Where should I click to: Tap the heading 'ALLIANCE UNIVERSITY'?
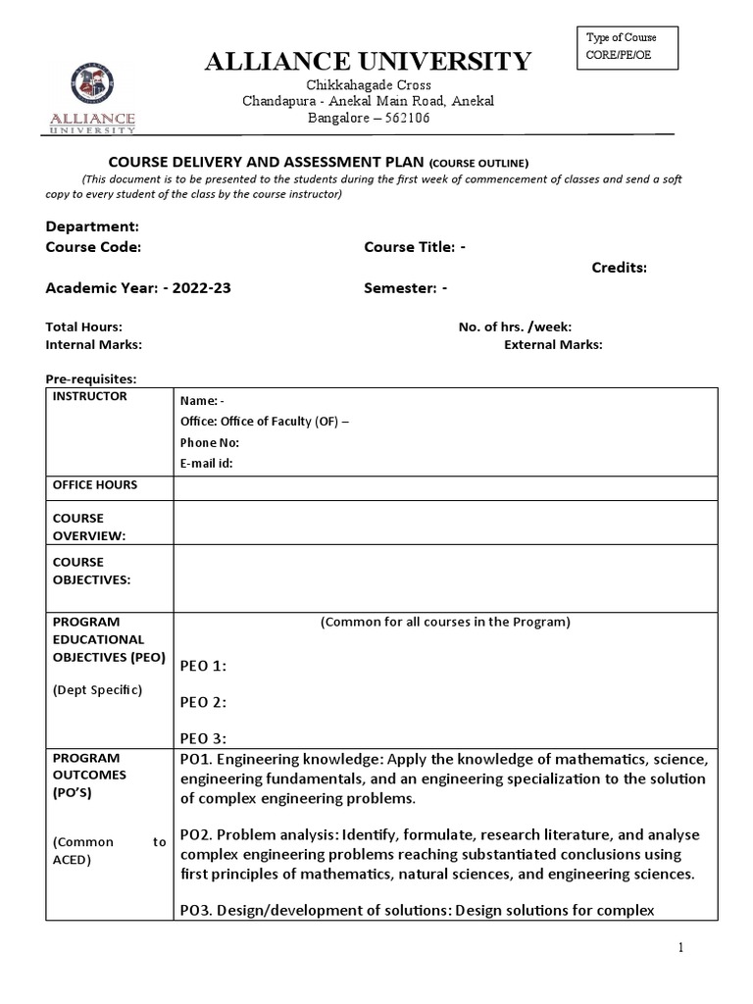pyautogui.click(x=368, y=62)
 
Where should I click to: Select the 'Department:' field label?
pyautogui.click(x=93, y=226)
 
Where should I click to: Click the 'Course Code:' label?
pyautogui.click(x=93, y=247)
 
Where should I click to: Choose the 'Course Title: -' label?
pyautogui.click(x=415, y=247)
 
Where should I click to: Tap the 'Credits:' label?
pyautogui.click(x=619, y=268)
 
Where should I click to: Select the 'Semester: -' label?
pyautogui.click(x=406, y=288)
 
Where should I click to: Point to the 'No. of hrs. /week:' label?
pyautogui.click(x=515, y=326)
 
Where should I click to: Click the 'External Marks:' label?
pyautogui.click(x=553, y=344)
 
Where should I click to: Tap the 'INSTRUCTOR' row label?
pyautogui.click(x=89, y=396)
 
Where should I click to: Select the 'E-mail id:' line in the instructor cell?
pyautogui.click(x=206, y=464)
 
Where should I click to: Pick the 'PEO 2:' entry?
pyautogui.click(x=203, y=702)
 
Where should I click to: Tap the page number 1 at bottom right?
pyautogui.click(x=706, y=948)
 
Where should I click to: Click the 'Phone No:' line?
pyautogui.click(x=209, y=442)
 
